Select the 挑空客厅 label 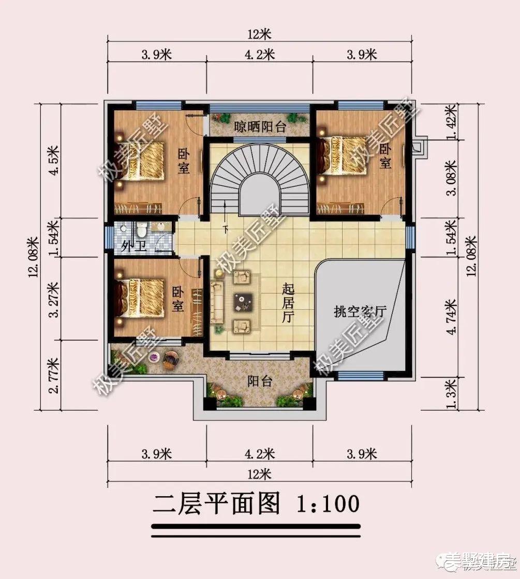pos(360,311)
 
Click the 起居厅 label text pos(287,303)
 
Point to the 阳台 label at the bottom pos(259,382)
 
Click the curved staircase pos(259,171)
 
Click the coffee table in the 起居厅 pos(243,300)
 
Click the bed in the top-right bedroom pos(344,157)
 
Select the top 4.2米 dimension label pos(259,54)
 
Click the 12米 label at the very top pos(259,35)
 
